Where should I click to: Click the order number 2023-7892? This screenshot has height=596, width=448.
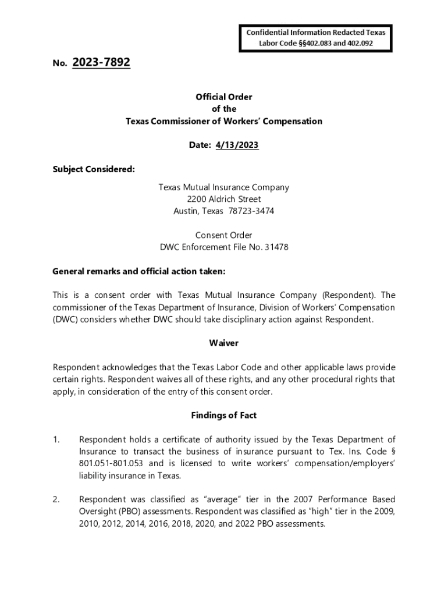pyautogui.click(x=101, y=62)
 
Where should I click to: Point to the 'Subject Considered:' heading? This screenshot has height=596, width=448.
pyautogui.click(x=94, y=169)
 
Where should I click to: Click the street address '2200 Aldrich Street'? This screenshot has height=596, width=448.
pyautogui.click(x=224, y=199)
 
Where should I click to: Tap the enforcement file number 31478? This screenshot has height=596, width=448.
pyautogui.click(x=276, y=247)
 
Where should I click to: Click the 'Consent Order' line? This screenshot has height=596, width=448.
pyautogui.click(x=224, y=235)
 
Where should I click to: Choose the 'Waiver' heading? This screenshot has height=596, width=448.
pyautogui.click(x=224, y=343)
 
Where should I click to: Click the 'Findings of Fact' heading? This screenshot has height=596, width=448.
pyautogui.click(x=224, y=416)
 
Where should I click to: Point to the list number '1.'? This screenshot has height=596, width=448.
pyautogui.click(x=56, y=439)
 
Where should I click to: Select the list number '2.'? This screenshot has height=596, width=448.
pyautogui.click(x=56, y=499)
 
